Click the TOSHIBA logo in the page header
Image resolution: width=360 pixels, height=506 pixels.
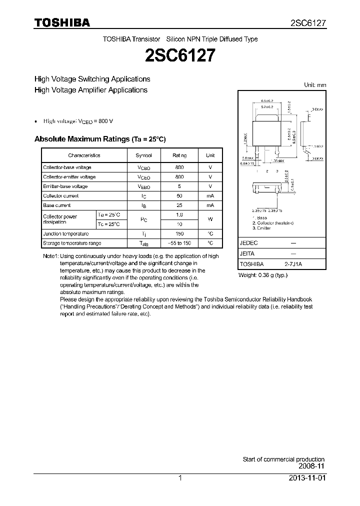[x=62, y=22]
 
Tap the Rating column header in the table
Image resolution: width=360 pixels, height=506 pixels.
[x=179, y=155]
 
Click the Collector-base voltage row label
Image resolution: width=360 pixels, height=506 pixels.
[x=67, y=167]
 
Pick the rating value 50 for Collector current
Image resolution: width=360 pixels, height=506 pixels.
[x=179, y=196]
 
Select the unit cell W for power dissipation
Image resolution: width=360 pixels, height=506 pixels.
[x=210, y=219]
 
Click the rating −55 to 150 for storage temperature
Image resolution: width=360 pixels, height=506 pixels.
[x=179, y=243]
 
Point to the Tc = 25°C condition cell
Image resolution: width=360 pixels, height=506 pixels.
[x=108, y=224]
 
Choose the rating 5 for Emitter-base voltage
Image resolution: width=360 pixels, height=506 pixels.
[x=179, y=186]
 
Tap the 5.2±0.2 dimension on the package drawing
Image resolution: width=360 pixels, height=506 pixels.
[x=266, y=107]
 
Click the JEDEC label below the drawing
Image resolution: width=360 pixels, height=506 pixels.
[x=248, y=242]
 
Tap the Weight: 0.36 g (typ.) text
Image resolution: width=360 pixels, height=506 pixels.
[x=263, y=275]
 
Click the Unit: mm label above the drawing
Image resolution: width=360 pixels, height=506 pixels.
[x=315, y=85]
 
